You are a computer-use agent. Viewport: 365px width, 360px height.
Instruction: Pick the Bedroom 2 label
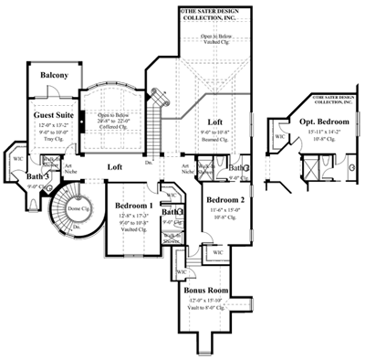pos(224,199)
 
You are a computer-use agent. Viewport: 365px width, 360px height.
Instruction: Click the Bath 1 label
pos(172,212)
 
